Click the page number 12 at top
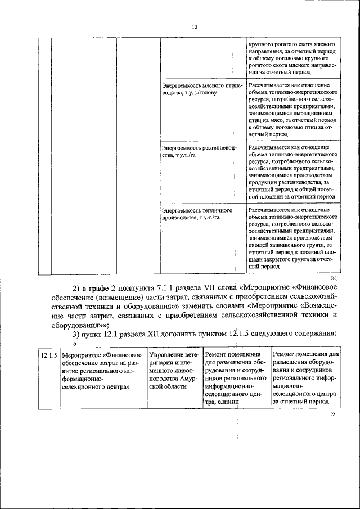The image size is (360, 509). [x=194, y=26]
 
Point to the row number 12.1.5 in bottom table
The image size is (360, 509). [x=49, y=355]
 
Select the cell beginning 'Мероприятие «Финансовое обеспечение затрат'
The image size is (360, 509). [x=102, y=371]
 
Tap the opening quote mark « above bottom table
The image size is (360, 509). [x=74, y=344]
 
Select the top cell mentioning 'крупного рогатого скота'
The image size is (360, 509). [x=291, y=58]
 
